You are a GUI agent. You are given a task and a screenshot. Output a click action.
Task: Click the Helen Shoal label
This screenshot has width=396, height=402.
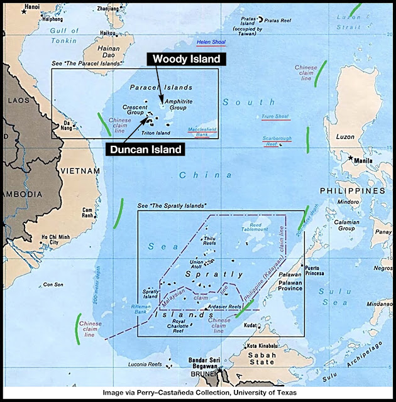tap(211, 43)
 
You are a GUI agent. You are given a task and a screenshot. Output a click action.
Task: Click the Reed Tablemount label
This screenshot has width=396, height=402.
tap(265, 227)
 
